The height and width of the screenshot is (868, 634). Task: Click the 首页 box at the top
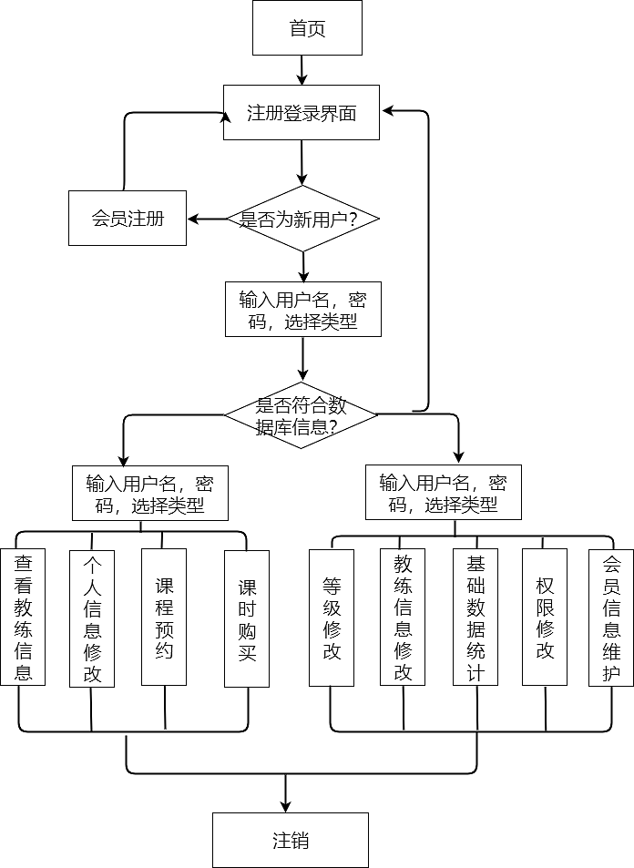[307, 28]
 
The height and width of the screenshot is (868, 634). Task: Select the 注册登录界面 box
[302, 114]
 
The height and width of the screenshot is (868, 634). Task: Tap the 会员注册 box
[128, 219]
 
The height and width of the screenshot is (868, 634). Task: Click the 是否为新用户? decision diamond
[302, 220]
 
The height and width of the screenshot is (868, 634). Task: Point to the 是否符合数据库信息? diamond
[302, 415]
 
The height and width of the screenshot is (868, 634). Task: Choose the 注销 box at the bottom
[291, 840]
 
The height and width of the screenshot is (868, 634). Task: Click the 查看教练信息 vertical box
[23, 617]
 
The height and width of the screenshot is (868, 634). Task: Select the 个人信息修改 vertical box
[92, 617]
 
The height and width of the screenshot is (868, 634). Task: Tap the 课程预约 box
[164, 617]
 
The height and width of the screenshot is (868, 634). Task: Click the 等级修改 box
[332, 617]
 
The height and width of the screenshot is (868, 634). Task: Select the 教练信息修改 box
[403, 617]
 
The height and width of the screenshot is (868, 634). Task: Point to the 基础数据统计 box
[475, 617]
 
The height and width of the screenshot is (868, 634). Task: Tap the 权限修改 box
[545, 617]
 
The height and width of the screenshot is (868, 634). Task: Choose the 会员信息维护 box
[611, 617]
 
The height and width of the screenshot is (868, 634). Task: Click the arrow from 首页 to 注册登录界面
[302, 70]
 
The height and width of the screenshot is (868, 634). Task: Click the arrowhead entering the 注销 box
[286, 805]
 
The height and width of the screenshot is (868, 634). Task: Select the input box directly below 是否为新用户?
[303, 310]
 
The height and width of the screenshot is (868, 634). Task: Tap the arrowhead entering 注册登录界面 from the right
[388, 111]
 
